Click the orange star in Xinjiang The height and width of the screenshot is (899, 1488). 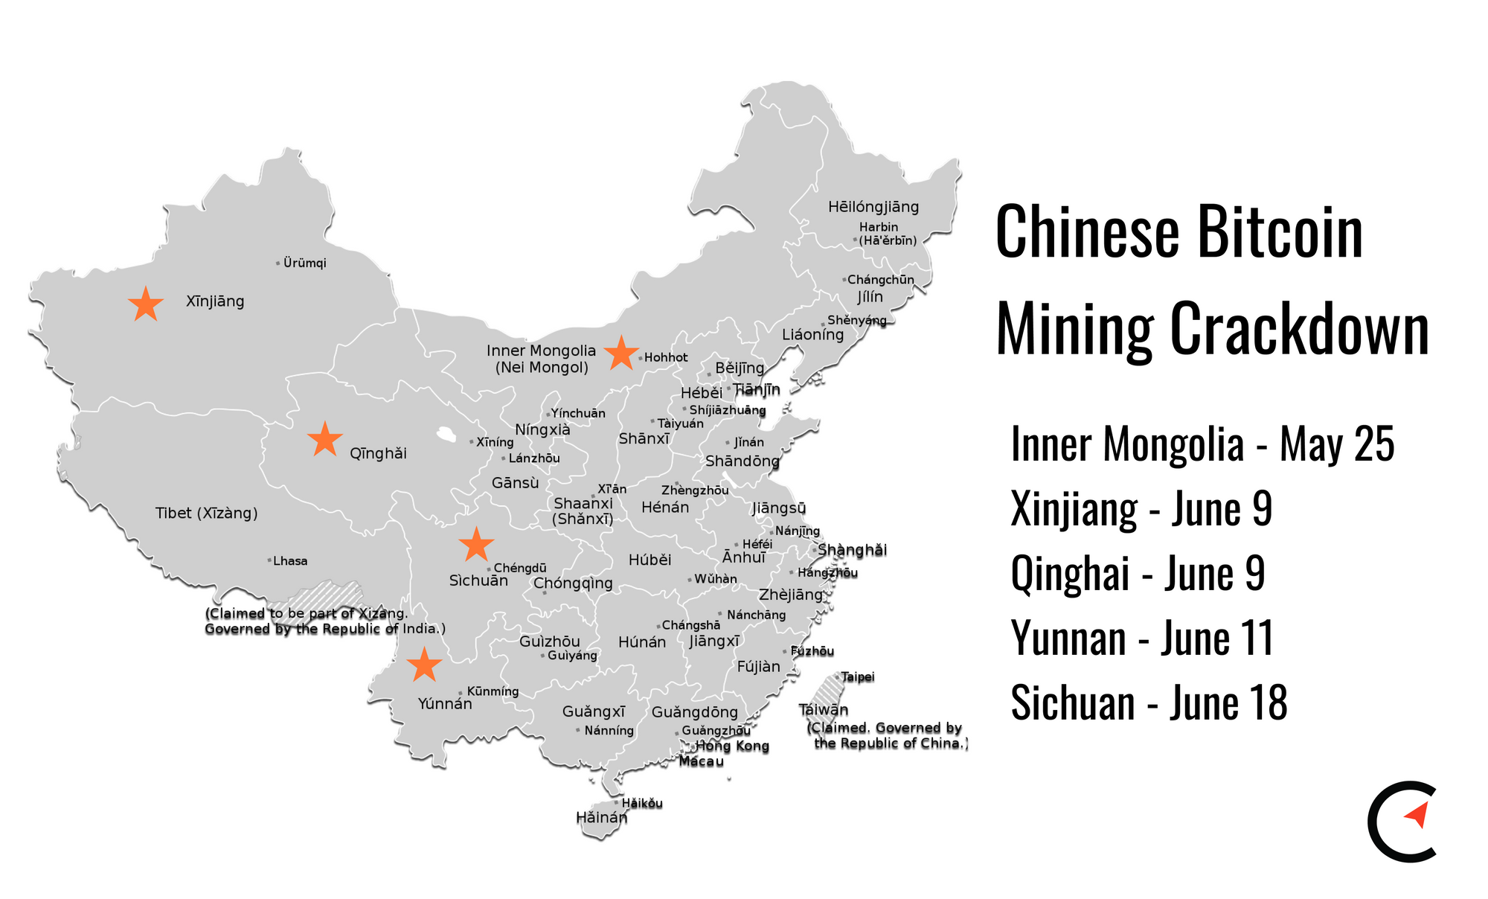(146, 304)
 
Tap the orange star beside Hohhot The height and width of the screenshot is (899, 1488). (620, 353)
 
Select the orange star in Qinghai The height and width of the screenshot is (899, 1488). (324, 440)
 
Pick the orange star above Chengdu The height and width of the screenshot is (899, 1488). (476, 545)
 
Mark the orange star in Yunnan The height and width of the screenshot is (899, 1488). (424, 665)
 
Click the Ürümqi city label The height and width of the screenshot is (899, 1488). (304, 263)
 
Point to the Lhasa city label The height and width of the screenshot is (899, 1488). (289, 561)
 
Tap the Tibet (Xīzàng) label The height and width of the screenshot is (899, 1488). (206, 513)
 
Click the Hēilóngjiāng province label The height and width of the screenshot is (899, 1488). (873, 207)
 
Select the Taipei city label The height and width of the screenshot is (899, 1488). (857, 677)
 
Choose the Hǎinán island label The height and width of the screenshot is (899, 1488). (601, 818)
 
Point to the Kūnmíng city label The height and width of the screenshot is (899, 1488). (492, 691)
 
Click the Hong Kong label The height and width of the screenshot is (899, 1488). (732, 746)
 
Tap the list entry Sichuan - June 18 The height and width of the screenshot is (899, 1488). (1149, 703)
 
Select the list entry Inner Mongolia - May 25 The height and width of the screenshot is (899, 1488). (1202, 444)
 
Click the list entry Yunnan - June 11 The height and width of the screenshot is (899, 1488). (1142, 639)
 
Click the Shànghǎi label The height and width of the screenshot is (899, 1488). (852, 551)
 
